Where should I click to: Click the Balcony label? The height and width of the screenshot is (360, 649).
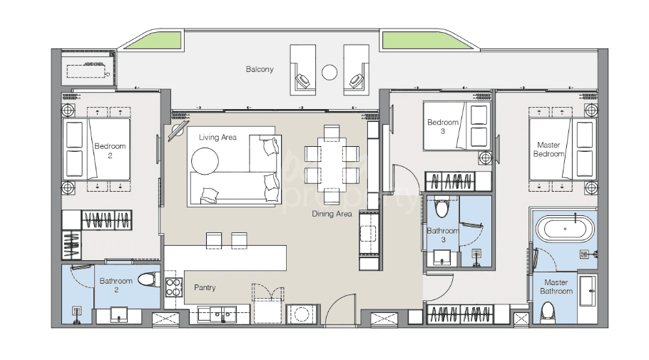click(260, 69)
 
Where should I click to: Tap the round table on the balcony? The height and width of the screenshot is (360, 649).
click(329, 73)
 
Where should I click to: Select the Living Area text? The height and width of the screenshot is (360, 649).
click(218, 138)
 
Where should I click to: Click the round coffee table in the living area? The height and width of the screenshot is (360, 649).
click(205, 161)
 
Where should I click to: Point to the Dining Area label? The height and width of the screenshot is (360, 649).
click(332, 214)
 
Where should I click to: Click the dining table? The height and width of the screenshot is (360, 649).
click(332, 164)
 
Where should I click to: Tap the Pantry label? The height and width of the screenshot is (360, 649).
click(205, 287)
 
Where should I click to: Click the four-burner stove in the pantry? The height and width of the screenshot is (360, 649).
click(173, 287)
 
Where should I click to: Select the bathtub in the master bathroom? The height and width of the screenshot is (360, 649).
click(565, 228)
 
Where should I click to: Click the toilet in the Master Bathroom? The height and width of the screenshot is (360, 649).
click(548, 312)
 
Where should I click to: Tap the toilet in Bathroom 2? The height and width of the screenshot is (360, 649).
click(149, 279)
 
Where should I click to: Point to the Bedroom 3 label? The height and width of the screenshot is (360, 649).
click(442, 127)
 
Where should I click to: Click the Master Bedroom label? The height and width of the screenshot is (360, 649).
click(548, 150)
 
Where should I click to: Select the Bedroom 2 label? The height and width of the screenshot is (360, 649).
click(110, 150)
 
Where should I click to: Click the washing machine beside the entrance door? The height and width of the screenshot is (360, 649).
click(303, 314)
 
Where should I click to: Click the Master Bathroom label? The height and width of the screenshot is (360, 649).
click(556, 287)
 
